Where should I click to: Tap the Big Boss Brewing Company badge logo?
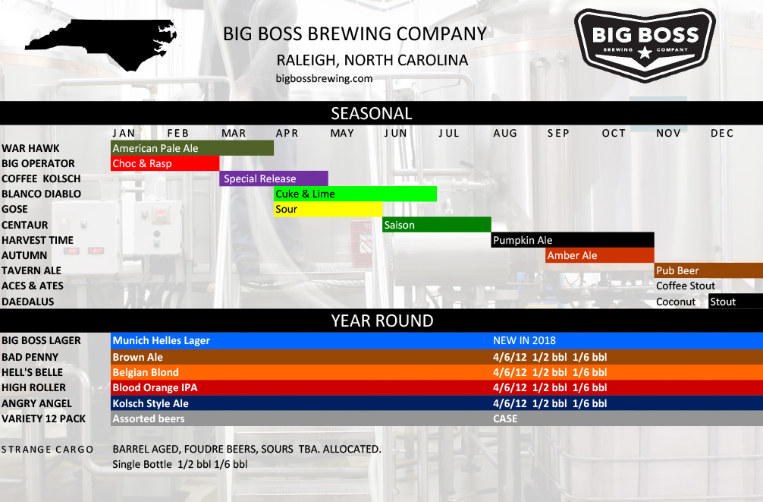coord(645,45)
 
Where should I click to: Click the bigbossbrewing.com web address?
coord(324,78)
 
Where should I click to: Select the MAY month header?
coord(342,133)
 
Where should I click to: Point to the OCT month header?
coord(614,133)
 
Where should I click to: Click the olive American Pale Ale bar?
coord(192,148)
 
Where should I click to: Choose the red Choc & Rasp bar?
coord(165,163)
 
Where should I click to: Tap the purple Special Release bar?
coord(274,178)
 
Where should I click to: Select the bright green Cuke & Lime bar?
coord(355,194)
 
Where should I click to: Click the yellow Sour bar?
coord(328,209)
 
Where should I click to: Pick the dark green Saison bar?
coord(436,225)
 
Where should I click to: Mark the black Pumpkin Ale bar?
coord(573,240)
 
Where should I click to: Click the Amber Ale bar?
coord(599,255)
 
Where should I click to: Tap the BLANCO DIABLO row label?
coord(42,194)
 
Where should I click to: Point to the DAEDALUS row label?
coord(28,302)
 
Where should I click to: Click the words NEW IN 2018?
coord(524,341)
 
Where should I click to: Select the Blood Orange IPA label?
coord(155,388)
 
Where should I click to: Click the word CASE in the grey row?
coord(505,418)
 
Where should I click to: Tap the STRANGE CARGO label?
coord(47,450)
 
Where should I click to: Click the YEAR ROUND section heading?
coord(382,320)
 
